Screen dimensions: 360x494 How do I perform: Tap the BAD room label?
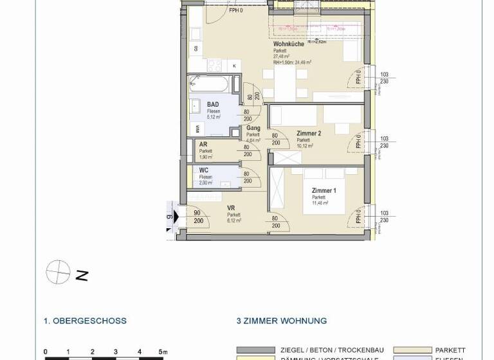click(212, 104)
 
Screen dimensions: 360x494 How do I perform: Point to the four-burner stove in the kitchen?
click(214, 65)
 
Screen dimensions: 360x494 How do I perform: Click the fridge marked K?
click(233, 66)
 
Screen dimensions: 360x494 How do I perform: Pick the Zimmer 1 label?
click(324, 191)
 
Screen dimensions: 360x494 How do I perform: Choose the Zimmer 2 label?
click(308, 134)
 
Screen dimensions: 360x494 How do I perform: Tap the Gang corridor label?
click(253, 129)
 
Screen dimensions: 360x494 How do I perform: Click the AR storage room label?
click(203, 145)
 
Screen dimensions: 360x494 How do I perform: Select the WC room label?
click(203, 170)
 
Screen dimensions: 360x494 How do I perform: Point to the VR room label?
click(231, 208)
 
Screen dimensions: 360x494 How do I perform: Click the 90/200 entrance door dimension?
click(179, 217)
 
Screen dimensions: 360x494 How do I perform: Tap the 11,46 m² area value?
click(320, 203)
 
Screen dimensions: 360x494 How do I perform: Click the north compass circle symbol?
click(57, 273)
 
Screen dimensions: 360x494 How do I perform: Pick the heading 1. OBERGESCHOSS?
click(85, 321)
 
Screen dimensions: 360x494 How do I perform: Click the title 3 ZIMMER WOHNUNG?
click(282, 321)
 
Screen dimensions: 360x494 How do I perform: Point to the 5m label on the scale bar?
click(163, 352)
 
